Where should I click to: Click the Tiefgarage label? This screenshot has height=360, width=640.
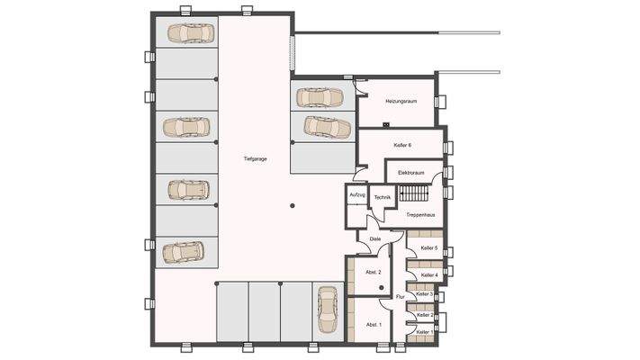tap(255, 159)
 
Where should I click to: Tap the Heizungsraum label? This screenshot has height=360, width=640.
tap(401, 102)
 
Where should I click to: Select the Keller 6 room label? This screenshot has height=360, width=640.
tap(402, 145)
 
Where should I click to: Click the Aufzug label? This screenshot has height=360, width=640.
tap(356, 195)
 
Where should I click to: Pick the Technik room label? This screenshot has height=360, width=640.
tap(382, 196)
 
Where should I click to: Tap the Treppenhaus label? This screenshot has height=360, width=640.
tap(420, 214)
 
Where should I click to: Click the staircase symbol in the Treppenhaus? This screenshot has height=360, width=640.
tap(414, 193)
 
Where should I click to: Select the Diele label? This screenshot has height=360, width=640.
tap(374, 238)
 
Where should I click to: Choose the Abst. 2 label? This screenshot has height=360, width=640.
tap(374, 272)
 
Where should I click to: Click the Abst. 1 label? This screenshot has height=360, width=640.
tap(374, 324)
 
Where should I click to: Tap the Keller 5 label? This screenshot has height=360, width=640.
tap(428, 247)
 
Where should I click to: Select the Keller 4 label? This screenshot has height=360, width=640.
tap(428, 274)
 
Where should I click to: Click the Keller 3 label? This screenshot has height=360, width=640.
tap(425, 294)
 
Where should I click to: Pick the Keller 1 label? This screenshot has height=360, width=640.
tap(425, 332)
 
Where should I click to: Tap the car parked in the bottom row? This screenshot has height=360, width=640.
tap(327, 309)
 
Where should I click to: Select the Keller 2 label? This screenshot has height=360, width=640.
tap(425, 315)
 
